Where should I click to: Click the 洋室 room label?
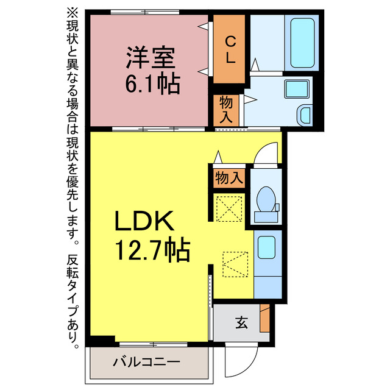pos(151,58)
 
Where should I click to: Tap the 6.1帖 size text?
pos(152,84)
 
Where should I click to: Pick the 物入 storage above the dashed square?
pos(229,178)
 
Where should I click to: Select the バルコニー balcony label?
pos(146,362)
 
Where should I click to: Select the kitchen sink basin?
pos(266,249)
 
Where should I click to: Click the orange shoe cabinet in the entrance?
pos(264,317)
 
